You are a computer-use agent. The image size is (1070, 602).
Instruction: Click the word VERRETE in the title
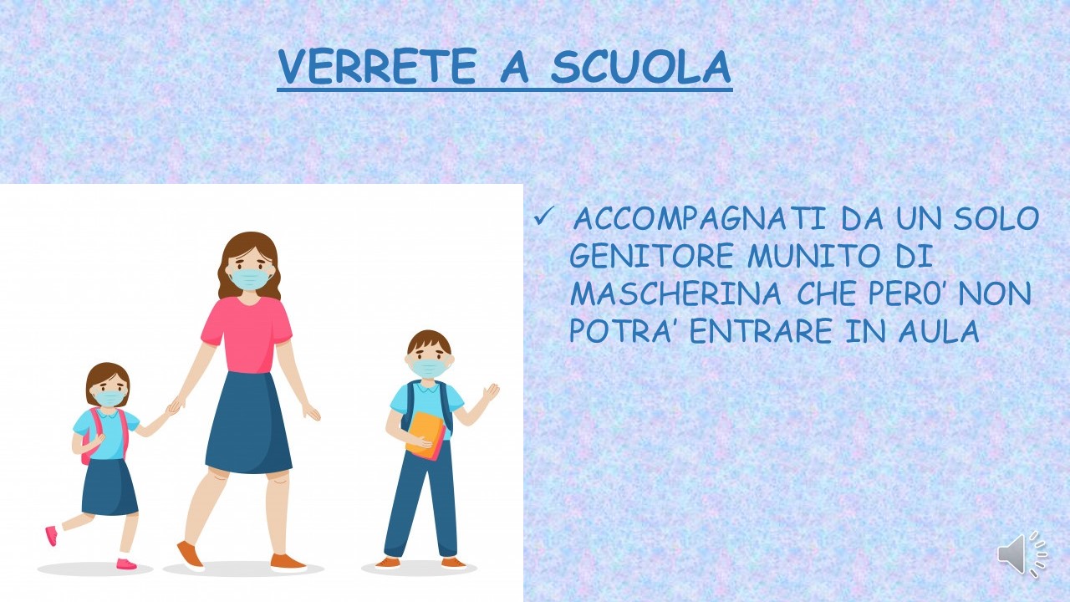tap(377, 66)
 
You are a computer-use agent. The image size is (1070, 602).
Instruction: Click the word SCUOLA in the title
tap(640, 66)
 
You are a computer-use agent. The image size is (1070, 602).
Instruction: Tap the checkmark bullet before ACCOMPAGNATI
tap(543, 217)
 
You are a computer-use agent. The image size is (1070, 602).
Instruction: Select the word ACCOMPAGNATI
tap(699, 218)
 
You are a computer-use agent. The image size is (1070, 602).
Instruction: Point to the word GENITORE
tap(651, 256)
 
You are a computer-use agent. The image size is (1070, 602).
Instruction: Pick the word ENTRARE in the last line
tap(761, 330)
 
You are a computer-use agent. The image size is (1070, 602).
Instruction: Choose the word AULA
tap(939, 330)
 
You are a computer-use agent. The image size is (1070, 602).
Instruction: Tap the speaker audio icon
tap(1022, 554)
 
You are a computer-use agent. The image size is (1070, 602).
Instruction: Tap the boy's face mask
tap(429, 368)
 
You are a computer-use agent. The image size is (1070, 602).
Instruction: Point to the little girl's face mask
tap(110, 398)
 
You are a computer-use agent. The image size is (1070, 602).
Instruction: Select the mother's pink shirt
tap(247, 334)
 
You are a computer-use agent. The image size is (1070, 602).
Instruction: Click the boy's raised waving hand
tap(490, 393)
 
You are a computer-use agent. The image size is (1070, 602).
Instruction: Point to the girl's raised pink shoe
tap(52, 535)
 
